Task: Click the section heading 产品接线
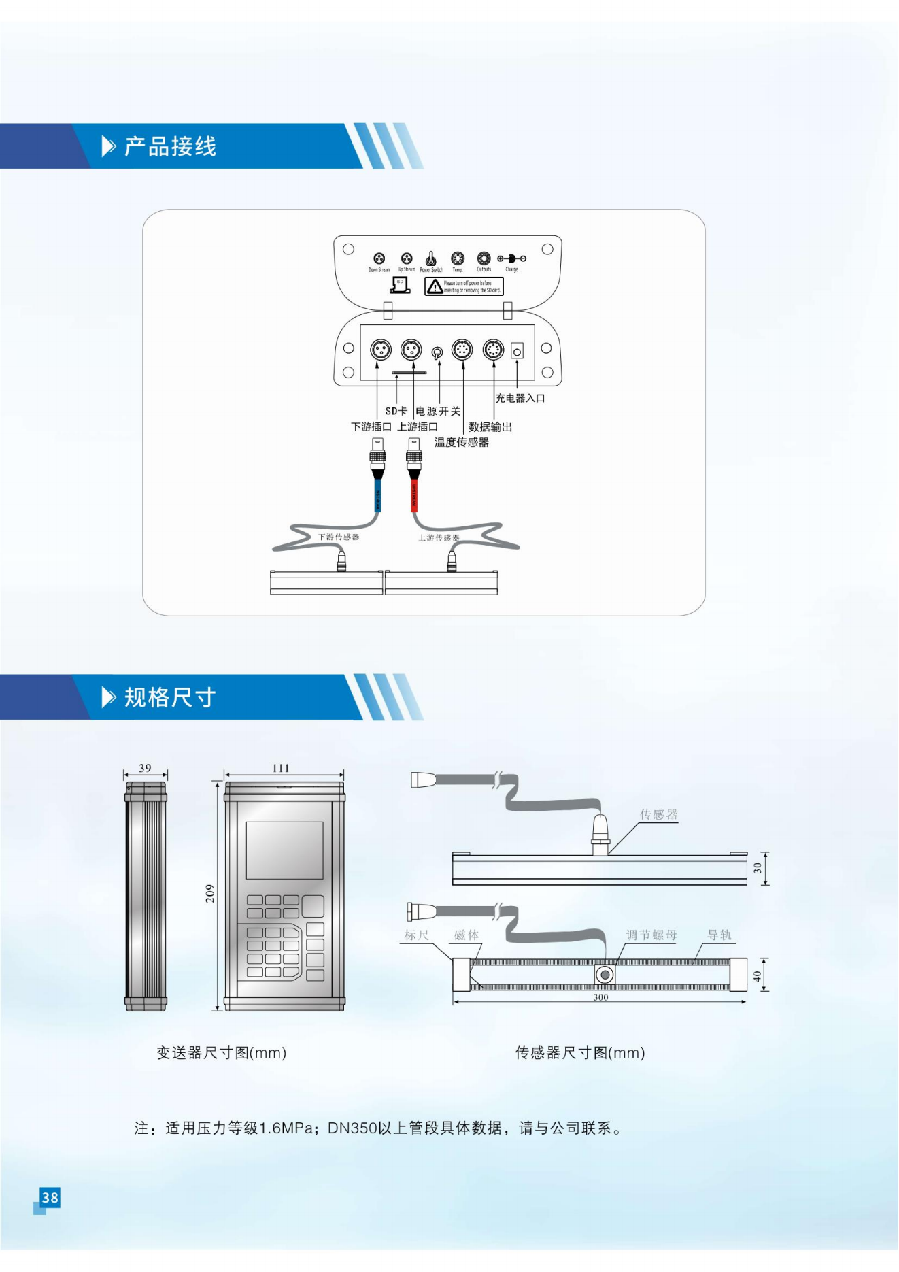click(170, 146)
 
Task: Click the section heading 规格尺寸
click(170, 697)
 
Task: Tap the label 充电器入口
click(520, 399)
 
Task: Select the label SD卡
click(396, 411)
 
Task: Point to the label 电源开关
click(439, 411)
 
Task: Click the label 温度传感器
click(462, 442)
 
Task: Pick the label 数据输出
click(490, 427)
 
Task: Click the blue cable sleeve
click(377, 495)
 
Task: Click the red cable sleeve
click(414, 495)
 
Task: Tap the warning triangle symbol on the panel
click(435, 287)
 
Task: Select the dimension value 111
click(281, 768)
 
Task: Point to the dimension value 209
click(210, 894)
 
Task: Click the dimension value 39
click(145, 768)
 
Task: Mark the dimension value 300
click(600, 997)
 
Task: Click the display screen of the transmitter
click(284, 850)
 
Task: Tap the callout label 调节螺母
click(651, 935)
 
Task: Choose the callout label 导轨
click(719, 935)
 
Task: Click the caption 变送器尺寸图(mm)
click(222, 1053)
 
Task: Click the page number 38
click(50, 1197)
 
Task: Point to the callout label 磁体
click(467, 935)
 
